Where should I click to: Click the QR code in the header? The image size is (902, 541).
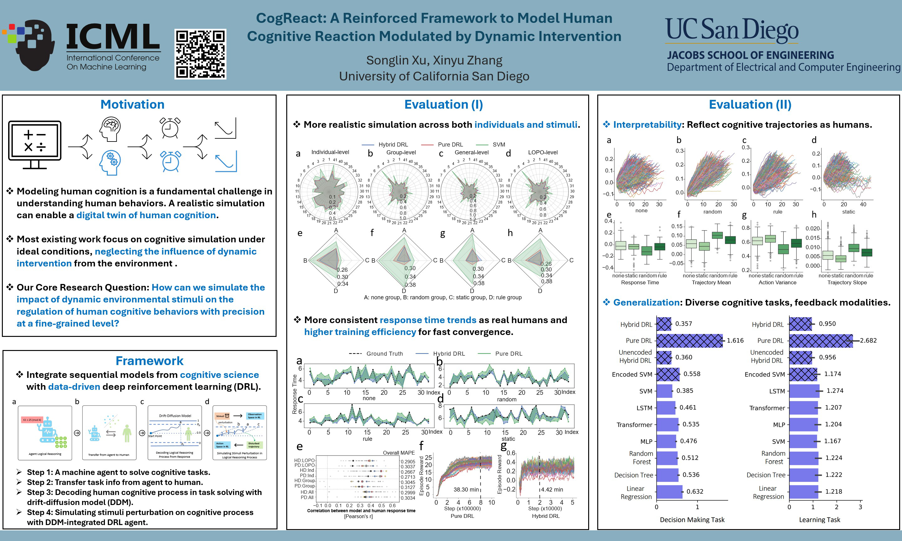coord(200,54)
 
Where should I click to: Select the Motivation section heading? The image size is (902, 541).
coord(132,105)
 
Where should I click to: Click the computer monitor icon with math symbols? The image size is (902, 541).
coord(35,144)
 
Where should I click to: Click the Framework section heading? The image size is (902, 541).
coord(149,361)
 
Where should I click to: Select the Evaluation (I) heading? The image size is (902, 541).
coord(443,105)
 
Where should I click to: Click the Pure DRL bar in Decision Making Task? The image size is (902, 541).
coord(689,341)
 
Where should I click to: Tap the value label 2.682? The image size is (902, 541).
coord(868,341)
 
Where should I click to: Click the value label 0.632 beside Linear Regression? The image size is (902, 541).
coord(695,492)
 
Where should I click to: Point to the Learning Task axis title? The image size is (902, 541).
coord(819,520)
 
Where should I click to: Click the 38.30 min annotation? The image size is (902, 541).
coord(466,490)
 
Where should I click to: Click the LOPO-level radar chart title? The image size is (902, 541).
coord(542,152)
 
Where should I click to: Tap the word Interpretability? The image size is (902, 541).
coord(647,125)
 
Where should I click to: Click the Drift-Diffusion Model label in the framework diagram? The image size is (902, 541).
coord(175,415)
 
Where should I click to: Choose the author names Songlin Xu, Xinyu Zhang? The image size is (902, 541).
coord(434,60)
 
